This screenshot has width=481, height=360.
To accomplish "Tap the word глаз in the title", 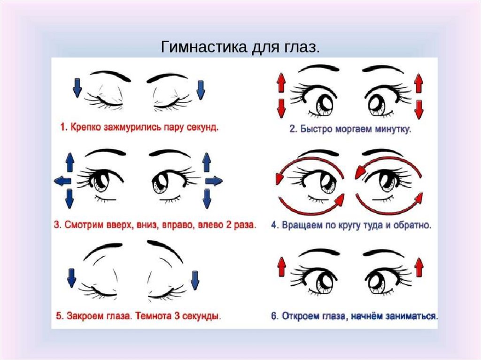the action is [x=301, y=47].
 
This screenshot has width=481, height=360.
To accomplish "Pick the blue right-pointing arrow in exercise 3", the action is [x=214, y=180].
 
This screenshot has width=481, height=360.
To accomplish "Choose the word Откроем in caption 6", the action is [x=299, y=315].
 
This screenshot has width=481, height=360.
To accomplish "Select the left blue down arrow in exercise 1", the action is [x=77, y=88].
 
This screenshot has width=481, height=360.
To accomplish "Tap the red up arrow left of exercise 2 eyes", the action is [x=281, y=84].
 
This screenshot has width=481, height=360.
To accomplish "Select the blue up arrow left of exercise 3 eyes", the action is [x=70, y=162].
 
